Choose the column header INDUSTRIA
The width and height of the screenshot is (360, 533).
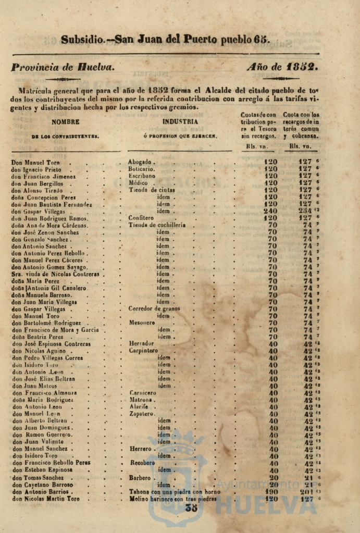pos(180,122)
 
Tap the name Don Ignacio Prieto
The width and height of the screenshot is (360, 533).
pos(36,169)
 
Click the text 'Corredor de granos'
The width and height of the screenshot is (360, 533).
pos(154,308)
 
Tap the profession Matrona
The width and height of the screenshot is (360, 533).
pos(140,400)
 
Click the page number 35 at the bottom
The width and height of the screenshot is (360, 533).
pos(191,509)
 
